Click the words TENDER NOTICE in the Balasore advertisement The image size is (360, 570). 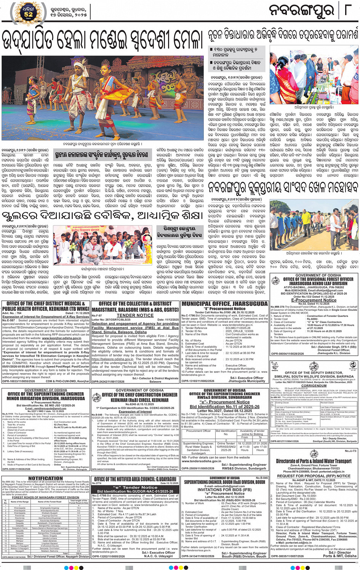[135, 315]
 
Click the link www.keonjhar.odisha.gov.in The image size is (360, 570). [61, 338]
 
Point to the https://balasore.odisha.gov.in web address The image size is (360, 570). [112, 359]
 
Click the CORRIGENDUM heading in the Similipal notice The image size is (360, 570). [314, 385]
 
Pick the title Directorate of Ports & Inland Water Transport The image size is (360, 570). [314, 461]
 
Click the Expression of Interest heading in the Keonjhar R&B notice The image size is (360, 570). [135, 412]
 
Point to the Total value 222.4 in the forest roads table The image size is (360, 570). [78, 553]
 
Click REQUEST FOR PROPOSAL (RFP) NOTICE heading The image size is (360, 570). [314, 476]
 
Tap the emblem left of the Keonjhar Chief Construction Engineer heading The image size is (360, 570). [96, 398]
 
